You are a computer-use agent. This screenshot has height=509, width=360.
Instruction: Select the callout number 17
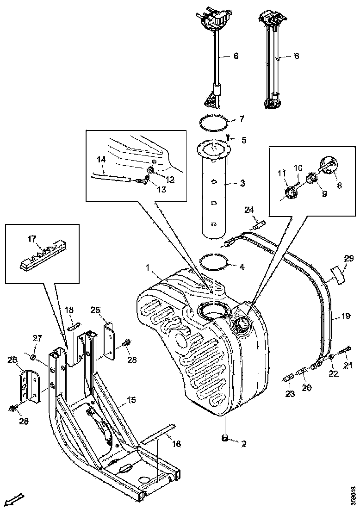point(31,240)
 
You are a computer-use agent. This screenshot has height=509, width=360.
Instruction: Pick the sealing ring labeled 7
point(214,123)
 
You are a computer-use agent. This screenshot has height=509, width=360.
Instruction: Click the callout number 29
point(348,258)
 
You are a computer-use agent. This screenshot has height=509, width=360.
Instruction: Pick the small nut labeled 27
point(34,357)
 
